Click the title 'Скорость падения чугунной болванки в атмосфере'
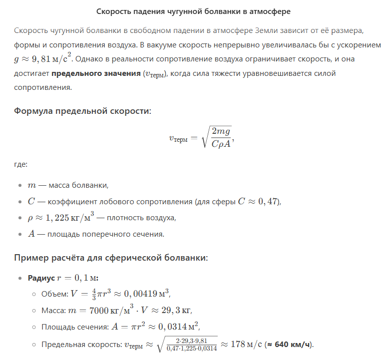click(x=195, y=11)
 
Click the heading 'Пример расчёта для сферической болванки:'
click(x=111, y=258)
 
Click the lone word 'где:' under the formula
click(x=21, y=164)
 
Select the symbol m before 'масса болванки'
click(x=32, y=185)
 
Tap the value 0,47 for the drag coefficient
click(x=269, y=202)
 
